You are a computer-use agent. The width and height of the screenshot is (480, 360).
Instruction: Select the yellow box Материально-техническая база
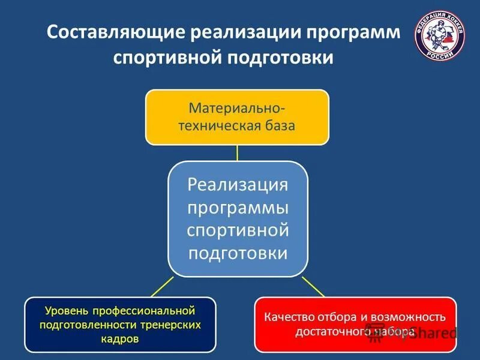tap(237, 117)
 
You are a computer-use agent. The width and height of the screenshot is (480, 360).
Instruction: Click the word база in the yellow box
tap(279, 126)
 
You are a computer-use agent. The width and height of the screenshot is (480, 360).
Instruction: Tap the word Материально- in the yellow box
tap(237, 109)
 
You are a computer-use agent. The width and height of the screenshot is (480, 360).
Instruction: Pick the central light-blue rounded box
tap(238, 219)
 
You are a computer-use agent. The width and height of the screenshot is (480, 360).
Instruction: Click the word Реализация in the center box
tap(238, 184)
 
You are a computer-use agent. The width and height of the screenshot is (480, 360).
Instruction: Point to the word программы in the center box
tap(238, 207)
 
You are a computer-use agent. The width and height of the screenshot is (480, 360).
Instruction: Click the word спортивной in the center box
tap(238, 230)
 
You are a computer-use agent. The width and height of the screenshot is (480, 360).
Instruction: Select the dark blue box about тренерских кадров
tap(119, 324)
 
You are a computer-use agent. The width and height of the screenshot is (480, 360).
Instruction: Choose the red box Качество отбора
tap(355, 324)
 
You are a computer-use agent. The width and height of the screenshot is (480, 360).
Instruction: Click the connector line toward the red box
tap(313, 287)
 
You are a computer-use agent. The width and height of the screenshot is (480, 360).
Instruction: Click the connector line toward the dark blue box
tap(162, 287)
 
